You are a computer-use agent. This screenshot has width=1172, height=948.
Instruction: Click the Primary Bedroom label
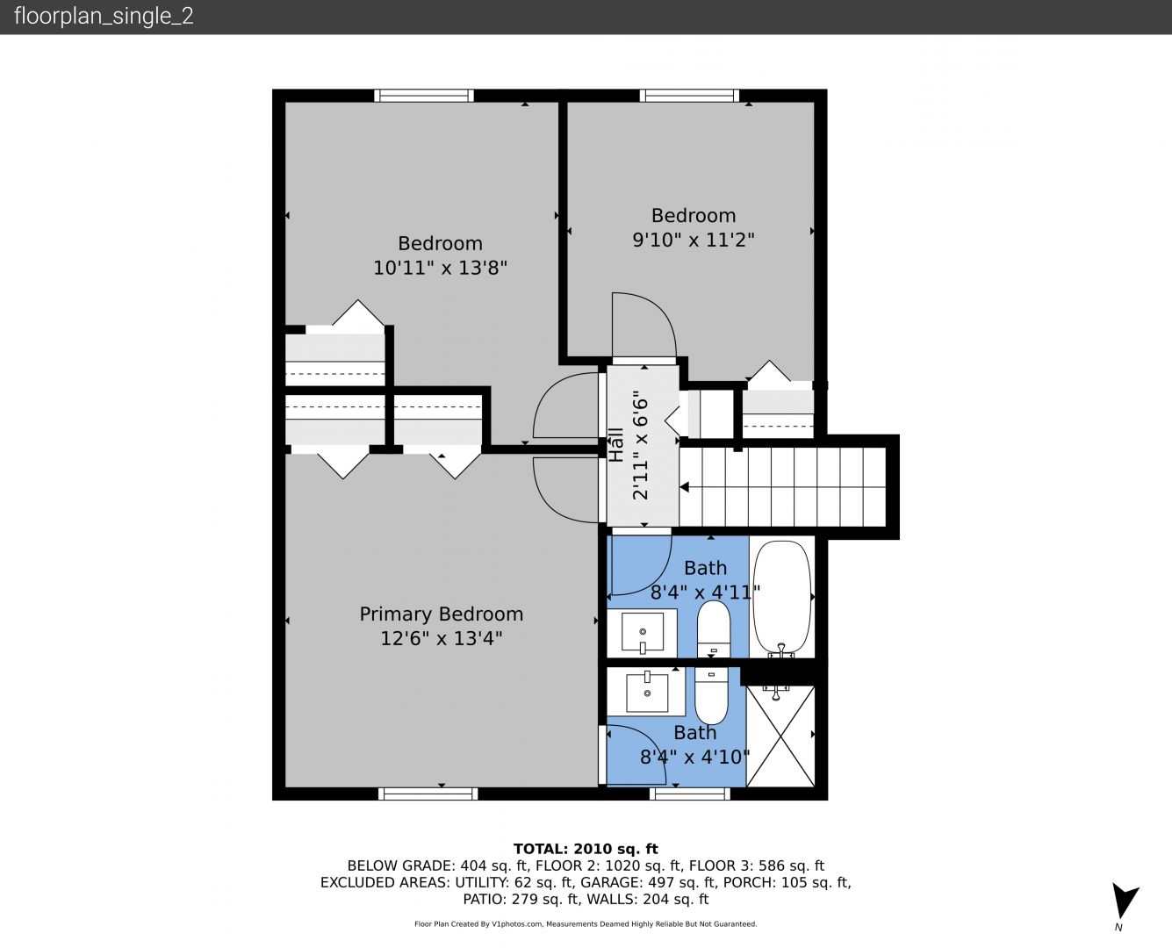point(442,614)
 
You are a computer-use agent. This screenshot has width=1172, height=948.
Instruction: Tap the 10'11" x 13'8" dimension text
point(440,268)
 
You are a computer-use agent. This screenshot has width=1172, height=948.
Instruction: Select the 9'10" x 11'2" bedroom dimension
point(694,240)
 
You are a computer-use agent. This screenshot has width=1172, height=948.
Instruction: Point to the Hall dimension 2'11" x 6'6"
point(641,445)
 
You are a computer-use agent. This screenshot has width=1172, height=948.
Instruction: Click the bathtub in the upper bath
point(782,596)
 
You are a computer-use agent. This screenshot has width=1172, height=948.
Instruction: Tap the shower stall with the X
point(780,736)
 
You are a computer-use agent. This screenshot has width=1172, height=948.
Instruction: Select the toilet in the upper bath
point(713,628)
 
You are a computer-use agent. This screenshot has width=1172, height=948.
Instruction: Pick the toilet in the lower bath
point(711,695)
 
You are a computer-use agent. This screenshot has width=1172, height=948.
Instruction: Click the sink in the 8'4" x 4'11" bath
point(642,633)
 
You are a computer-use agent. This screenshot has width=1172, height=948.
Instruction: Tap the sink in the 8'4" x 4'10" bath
point(646,691)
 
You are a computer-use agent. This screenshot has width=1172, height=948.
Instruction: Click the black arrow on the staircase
point(685,487)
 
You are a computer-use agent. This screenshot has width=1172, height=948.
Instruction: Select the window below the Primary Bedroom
point(428,794)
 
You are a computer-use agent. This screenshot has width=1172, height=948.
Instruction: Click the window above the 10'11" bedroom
point(424,95)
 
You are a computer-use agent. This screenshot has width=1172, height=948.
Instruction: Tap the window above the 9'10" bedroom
point(689,95)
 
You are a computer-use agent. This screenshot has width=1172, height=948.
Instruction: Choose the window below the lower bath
point(689,794)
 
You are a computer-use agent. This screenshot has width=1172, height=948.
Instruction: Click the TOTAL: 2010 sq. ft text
point(586,849)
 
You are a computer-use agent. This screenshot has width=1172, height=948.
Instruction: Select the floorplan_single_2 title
point(104,17)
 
